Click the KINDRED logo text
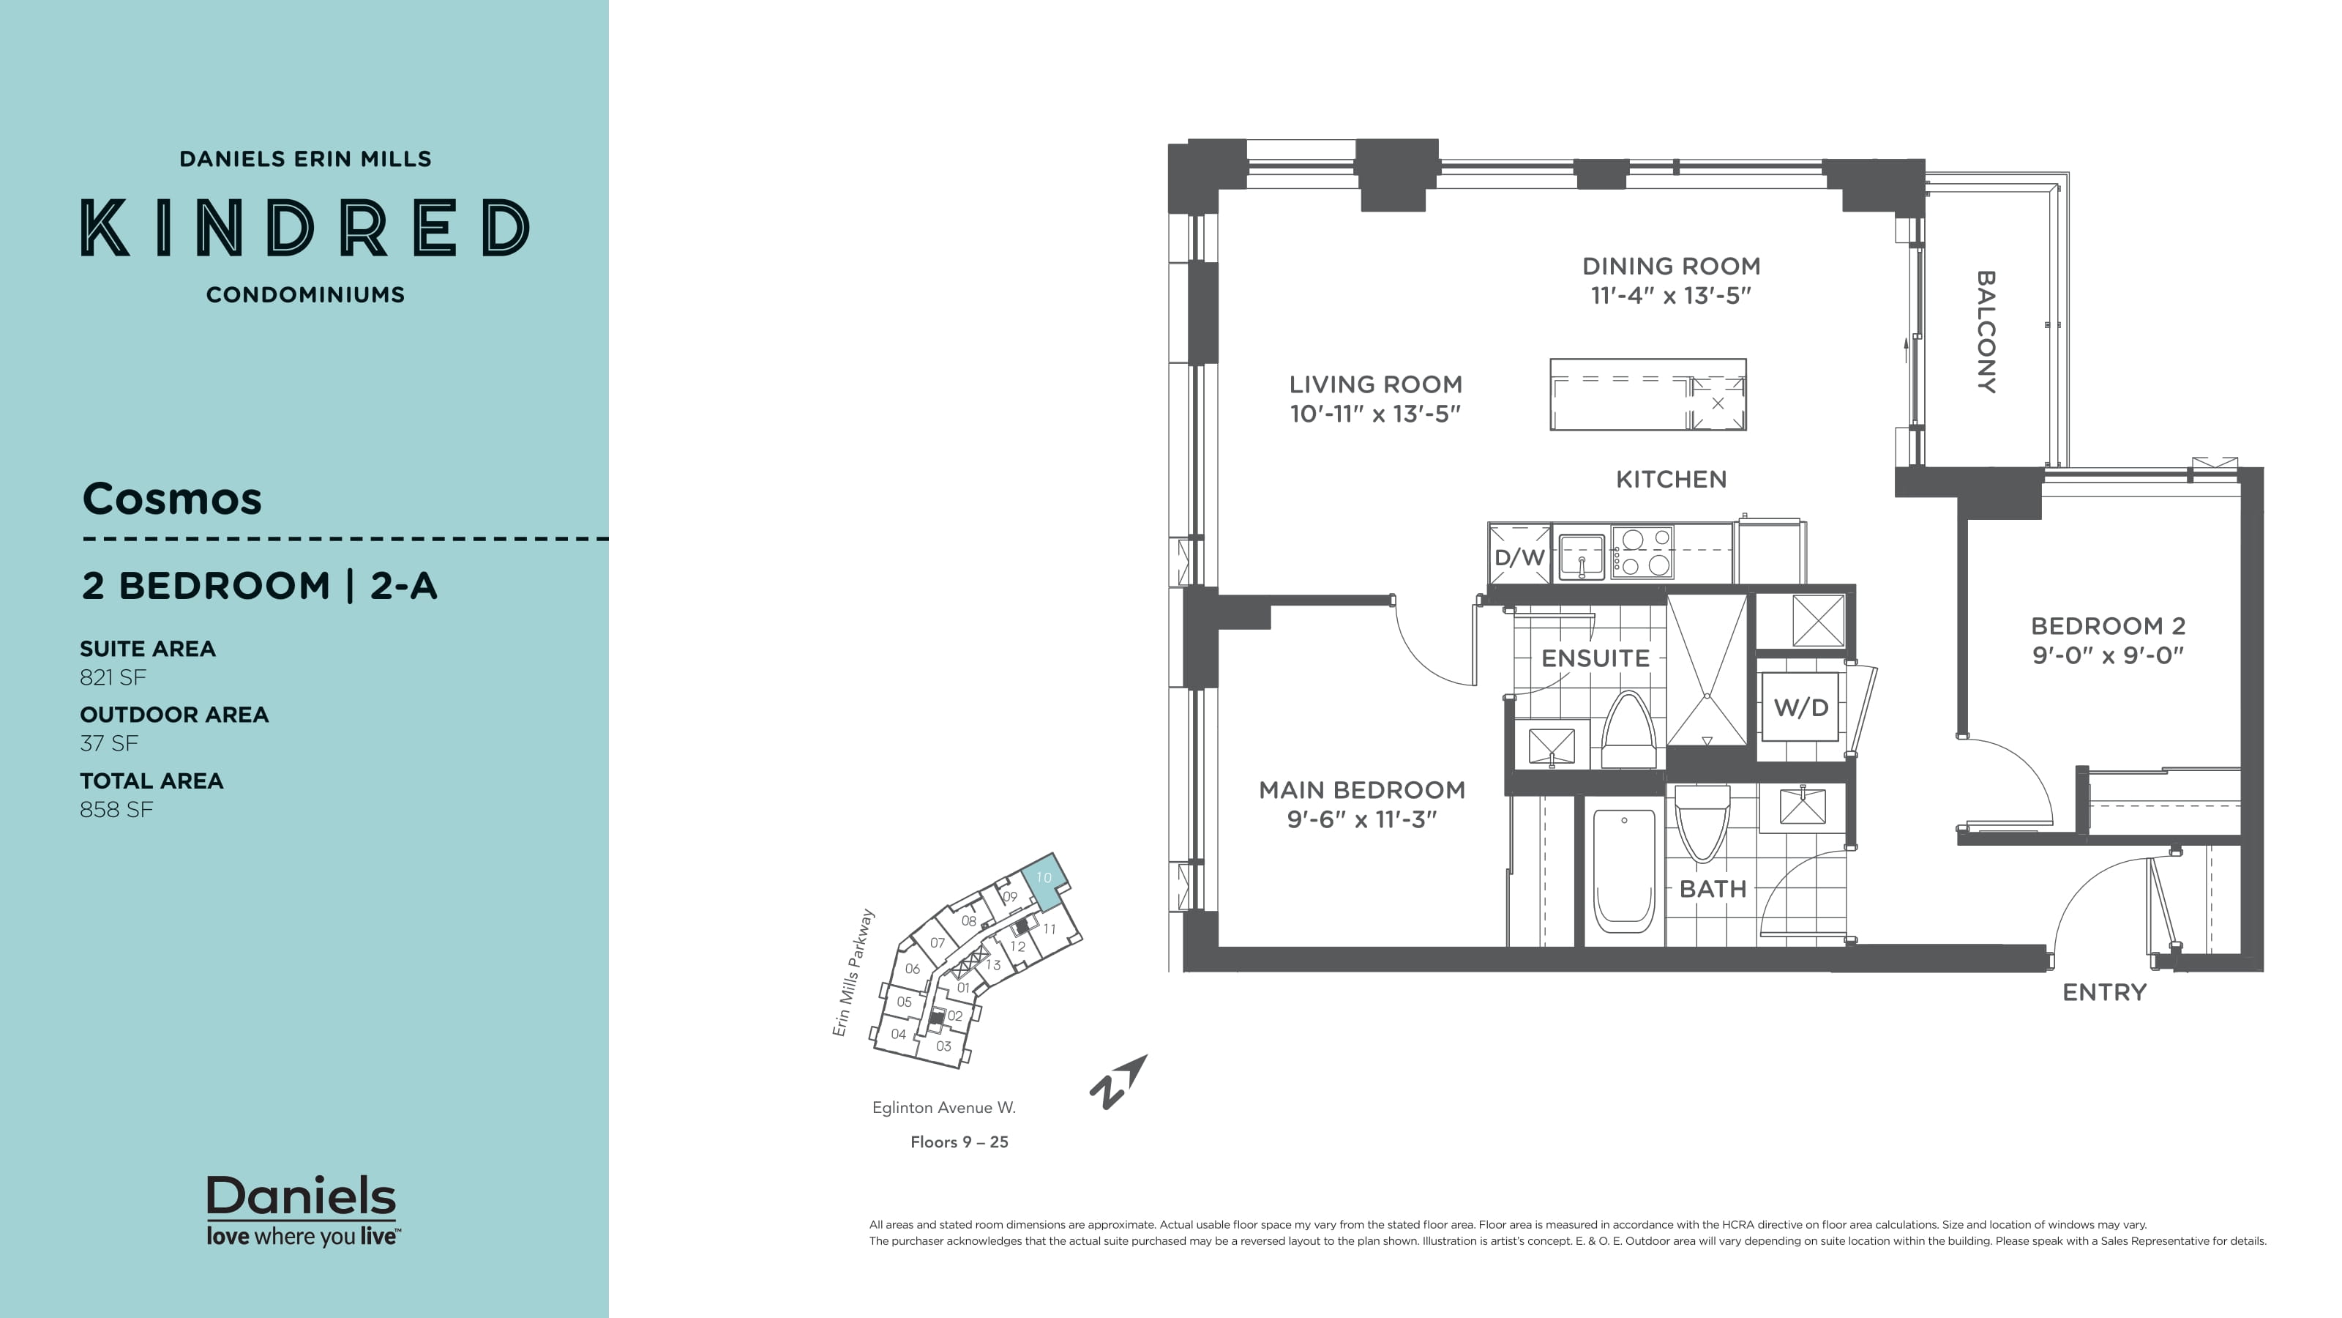click(305, 228)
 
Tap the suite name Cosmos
click(172, 499)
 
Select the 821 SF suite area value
click(113, 677)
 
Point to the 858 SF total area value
click(116, 810)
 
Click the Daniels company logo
click(302, 1210)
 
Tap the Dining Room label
click(1671, 267)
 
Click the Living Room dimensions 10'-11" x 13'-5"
click(1374, 414)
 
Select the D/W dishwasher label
click(1519, 557)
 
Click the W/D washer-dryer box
click(1800, 707)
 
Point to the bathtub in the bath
click(1624, 871)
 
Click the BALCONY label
click(1986, 332)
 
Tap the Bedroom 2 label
click(2108, 626)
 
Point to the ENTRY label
click(2104, 992)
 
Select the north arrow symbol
click(1118, 1082)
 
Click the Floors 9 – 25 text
click(959, 1142)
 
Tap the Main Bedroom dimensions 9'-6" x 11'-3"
click(1361, 819)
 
